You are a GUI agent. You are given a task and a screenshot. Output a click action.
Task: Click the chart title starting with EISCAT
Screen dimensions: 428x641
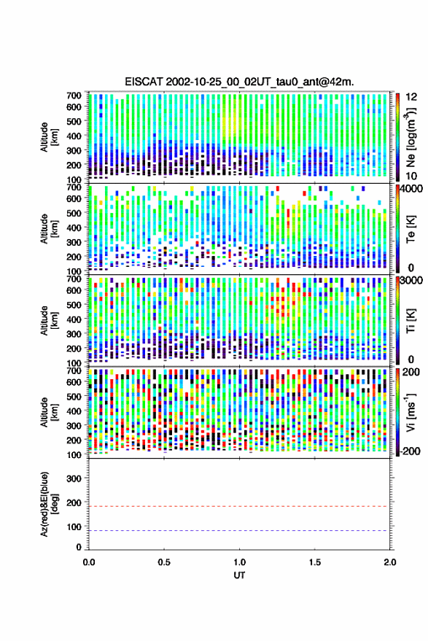[x=240, y=82]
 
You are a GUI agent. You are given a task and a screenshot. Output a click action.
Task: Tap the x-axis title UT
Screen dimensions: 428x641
[x=240, y=575]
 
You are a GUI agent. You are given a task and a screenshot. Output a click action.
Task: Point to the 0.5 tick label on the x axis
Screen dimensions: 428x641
[x=164, y=562]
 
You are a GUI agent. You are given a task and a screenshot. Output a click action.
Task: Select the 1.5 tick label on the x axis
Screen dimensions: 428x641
[x=315, y=562]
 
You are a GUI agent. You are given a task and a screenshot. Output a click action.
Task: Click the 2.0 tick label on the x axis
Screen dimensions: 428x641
[x=389, y=562]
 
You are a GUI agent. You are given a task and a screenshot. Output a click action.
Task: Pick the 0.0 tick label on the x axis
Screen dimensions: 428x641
[x=89, y=562]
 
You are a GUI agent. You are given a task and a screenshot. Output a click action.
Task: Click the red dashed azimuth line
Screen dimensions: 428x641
[x=239, y=507]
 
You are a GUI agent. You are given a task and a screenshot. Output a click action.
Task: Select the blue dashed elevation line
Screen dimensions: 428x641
[x=239, y=531]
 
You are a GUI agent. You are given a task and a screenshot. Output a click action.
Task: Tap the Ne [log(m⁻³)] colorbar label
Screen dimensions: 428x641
[x=410, y=136]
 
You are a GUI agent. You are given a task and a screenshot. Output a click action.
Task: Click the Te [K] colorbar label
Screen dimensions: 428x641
[x=411, y=229]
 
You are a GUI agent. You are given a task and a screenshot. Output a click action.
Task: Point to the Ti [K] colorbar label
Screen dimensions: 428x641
[x=411, y=321]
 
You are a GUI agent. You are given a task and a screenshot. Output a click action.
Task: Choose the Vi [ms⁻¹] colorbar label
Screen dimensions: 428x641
[x=411, y=412]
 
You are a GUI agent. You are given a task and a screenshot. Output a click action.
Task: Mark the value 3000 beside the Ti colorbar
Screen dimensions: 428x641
[x=411, y=281]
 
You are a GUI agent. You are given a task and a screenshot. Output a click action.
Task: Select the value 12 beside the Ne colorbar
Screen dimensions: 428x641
[x=412, y=97]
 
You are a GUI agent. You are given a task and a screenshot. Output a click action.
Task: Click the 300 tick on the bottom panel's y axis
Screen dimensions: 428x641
[x=74, y=478]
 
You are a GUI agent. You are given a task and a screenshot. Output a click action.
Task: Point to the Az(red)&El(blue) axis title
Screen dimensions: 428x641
[x=48, y=505]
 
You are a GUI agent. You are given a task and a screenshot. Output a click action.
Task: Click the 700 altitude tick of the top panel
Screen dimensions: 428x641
[x=74, y=96]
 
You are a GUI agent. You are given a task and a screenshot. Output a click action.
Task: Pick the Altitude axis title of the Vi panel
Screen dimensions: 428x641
[x=48, y=412]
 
